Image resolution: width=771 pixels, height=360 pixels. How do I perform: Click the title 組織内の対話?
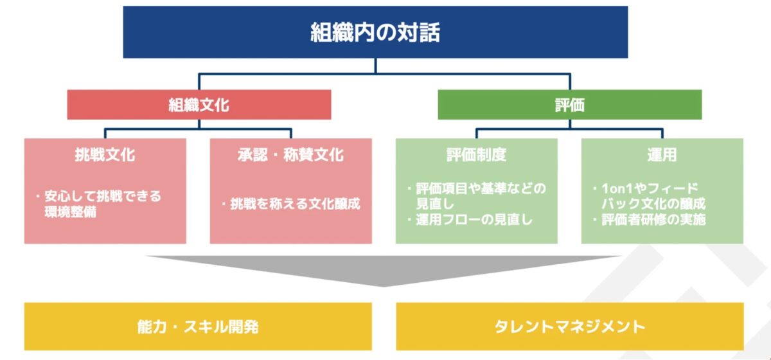(375, 32)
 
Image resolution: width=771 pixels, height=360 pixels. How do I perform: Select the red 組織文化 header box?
(199, 105)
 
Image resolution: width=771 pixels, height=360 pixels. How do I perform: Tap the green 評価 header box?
(569, 105)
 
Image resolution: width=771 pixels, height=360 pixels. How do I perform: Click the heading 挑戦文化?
(105, 155)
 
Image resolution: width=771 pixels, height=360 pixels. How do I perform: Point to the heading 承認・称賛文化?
(290, 155)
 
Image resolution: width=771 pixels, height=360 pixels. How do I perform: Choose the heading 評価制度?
(476, 155)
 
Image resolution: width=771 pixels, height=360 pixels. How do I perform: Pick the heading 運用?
(662, 155)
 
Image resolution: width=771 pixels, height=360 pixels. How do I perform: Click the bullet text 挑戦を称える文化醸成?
(295, 204)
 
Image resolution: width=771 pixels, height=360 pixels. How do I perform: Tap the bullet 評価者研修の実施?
(653, 220)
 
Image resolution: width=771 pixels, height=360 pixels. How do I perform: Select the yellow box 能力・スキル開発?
(198, 327)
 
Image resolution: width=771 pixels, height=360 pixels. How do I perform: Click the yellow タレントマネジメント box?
(569, 327)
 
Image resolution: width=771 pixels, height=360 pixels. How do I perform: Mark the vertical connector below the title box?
(376, 66)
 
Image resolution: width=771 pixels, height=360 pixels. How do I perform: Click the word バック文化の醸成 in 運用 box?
(656, 204)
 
